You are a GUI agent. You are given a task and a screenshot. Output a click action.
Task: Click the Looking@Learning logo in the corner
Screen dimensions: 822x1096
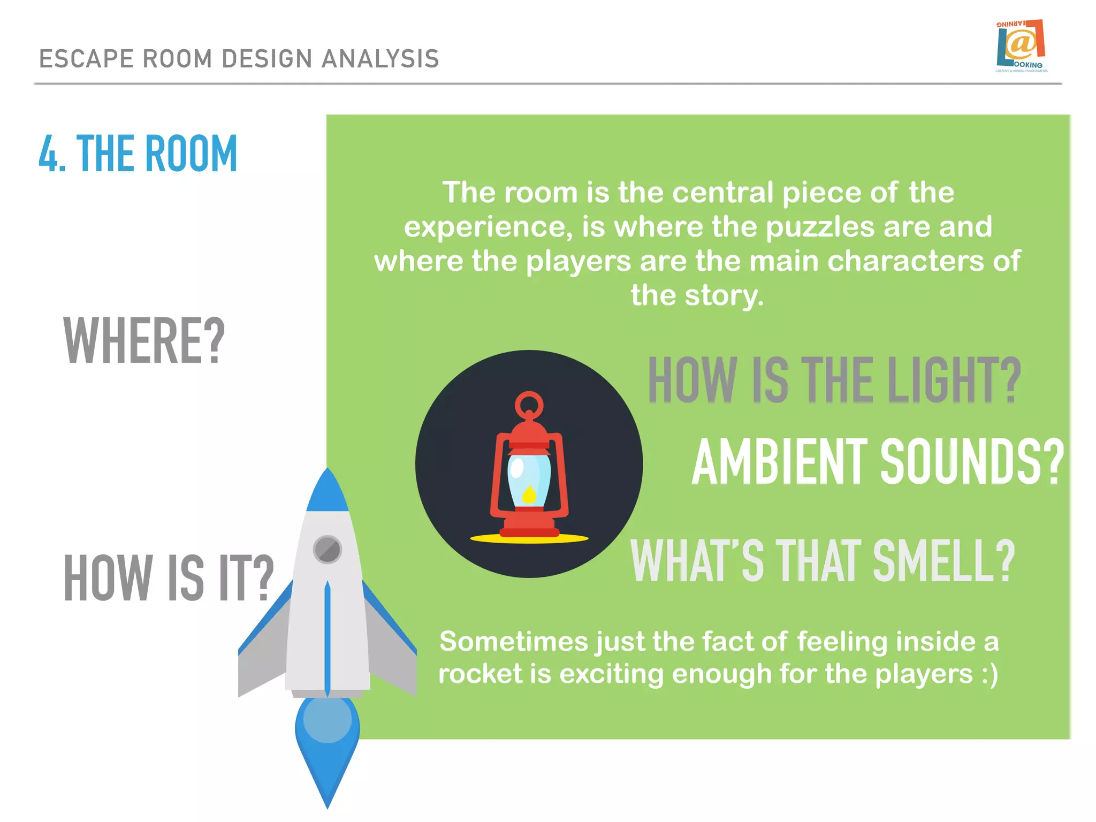tap(1021, 46)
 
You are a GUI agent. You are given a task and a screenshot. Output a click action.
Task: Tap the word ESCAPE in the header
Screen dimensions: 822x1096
tap(86, 59)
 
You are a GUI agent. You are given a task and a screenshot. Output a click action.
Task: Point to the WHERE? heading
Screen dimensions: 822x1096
tap(143, 341)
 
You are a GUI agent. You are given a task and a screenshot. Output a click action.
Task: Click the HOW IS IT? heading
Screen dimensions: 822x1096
tap(168, 578)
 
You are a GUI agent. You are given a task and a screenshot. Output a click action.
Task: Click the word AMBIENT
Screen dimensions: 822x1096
tap(779, 462)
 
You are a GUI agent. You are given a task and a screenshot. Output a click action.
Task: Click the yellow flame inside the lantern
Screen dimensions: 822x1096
tap(529, 494)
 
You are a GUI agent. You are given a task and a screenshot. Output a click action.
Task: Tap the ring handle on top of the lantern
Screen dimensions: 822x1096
tap(529, 405)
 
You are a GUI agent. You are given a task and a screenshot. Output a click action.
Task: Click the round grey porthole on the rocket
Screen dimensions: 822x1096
tap(327, 550)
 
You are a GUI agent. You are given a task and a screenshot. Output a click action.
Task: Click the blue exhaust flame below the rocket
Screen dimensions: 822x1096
tap(327, 749)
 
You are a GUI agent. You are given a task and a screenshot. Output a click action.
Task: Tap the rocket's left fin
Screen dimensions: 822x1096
tap(262, 653)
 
